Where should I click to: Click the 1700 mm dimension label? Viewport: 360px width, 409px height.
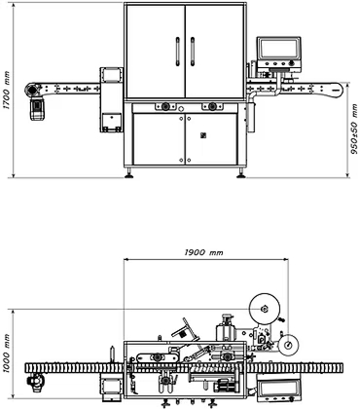tap(7, 90)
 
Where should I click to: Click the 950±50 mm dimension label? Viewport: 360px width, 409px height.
tap(354, 129)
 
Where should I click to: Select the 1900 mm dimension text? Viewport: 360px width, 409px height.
tap(203, 252)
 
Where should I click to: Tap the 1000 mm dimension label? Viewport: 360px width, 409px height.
tap(7, 353)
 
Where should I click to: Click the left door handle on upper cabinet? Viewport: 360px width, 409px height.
tap(178, 52)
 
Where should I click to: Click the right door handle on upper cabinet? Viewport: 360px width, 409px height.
tap(193, 52)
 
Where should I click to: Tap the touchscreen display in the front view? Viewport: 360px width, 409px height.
tap(279, 49)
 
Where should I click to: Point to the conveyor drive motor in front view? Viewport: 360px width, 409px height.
tap(38, 109)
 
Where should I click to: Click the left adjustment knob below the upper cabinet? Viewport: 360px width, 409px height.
tap(165, 106)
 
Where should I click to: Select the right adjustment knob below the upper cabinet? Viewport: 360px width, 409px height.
tap(212, 106)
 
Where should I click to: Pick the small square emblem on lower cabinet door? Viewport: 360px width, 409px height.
tap(203, 135)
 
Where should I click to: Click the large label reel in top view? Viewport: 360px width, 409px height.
tap(265, 309)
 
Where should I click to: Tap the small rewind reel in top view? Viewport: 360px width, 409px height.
tap(288, 345)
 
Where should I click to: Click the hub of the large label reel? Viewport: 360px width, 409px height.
tap(264, 309)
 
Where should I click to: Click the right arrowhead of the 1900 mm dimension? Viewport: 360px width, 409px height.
tap(286, 259)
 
